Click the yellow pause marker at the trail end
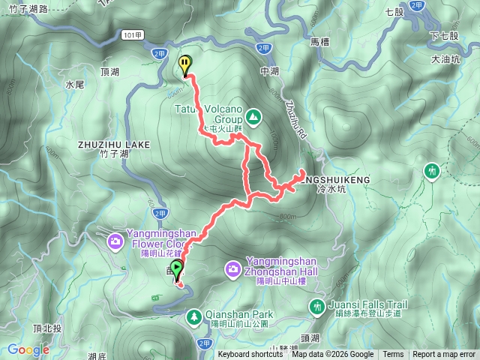point(184,65)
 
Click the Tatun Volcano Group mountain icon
point(253,117)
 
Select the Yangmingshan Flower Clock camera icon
point(115,241)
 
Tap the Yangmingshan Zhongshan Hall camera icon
point(233,268)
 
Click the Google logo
point(28,349)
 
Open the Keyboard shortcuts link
point(250,355)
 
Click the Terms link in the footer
point(393,355)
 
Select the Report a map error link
point(444,355)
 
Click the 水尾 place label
point(74,85)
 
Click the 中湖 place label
point(269,71)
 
